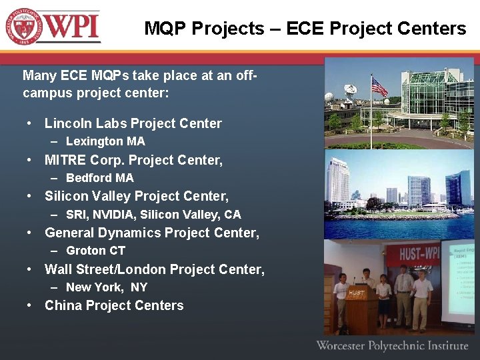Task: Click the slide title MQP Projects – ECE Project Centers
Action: coord(305,29)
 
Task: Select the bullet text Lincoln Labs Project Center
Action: coord(133,123)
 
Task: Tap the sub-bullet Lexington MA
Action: coord(105,141)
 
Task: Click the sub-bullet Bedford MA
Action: coord(100,178)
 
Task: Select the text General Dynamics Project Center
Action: coord(151,233)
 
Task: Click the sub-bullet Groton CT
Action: coord(96,251)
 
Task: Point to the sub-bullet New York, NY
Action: coord(107,287)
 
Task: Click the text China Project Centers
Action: coord(114,305)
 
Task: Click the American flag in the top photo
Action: coord(379,87)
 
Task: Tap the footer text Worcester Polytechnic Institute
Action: coord(392,345)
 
